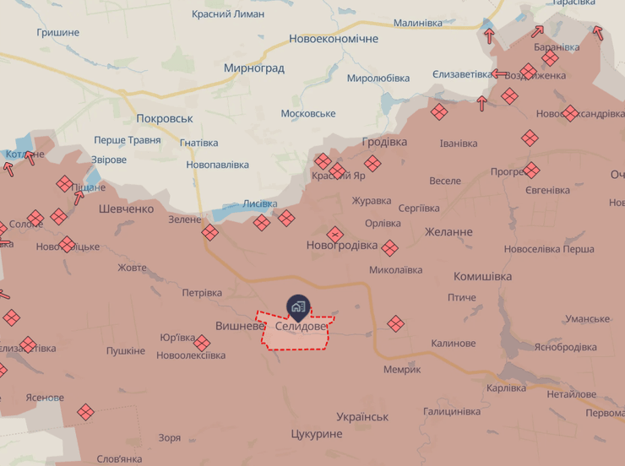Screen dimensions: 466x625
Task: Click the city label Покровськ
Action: [x=165, y=119]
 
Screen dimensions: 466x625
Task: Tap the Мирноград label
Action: [x=253, y=68]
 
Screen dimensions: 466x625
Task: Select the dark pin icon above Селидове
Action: [x=298, y=306]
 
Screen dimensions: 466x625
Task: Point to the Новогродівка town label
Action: [x=342, y=245]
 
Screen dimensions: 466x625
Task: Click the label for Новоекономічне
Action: [x=333, y=39]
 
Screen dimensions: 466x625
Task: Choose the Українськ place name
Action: [x=361, y=417]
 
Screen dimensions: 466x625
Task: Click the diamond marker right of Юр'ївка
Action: [x=202, y=343]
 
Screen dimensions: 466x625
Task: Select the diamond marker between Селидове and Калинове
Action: [x=395, y=323]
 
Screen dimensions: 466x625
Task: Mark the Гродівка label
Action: [x=384, y=142]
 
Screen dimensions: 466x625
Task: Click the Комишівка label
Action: [x=482, y=276]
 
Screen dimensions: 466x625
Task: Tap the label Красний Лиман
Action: [x=227, y=14]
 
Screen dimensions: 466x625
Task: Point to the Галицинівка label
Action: [x=452, y=411]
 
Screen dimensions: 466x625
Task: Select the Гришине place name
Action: [x=58, y=32]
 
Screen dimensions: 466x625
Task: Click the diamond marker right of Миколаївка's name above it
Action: [x=389, y=248]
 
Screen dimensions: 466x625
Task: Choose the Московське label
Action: [x=307, y=113]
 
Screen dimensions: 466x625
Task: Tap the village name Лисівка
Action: [x=259, y=203]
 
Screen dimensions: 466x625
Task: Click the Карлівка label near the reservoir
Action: [x=506, y=387]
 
